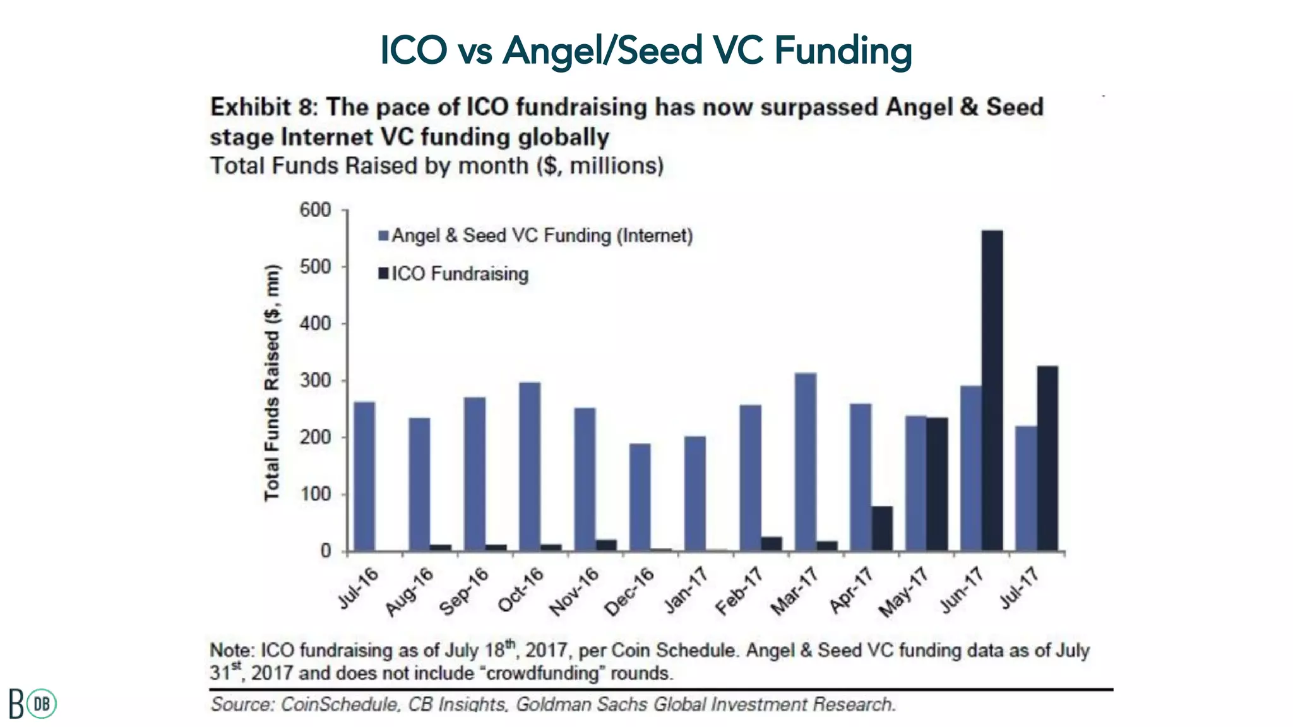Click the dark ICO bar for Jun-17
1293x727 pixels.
pyautogui.click(x=992, y=391)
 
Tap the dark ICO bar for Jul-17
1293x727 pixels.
pyautogui.click(x=1047, y=458)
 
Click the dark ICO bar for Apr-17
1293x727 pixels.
pyautogui.click(x=882, y=528)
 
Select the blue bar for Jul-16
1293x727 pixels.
pyautogui.click(x=364, y=476)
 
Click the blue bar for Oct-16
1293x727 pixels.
pyautogui.click(x=530, y=466)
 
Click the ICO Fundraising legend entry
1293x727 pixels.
pyautogui.click(x=459, y=274)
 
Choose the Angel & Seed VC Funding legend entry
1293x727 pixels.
pyautogui.click(x=541, y=236)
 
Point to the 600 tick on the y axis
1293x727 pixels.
pyautogui.click(x=315, y=210)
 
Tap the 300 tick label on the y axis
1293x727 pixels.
pyautogui.click(x=315, y=381)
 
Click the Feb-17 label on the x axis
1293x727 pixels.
pyautogui.click(x=739, y=592)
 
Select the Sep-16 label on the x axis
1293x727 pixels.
pyautogui.click(x=464, y=592)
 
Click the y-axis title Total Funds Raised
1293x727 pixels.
pyautogui.click(x=271, y=383)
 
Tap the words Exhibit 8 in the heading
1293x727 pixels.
pyautogui.click(x=261, y=107)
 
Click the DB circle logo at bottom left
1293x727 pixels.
pyautogui.click(x=42, y=704)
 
